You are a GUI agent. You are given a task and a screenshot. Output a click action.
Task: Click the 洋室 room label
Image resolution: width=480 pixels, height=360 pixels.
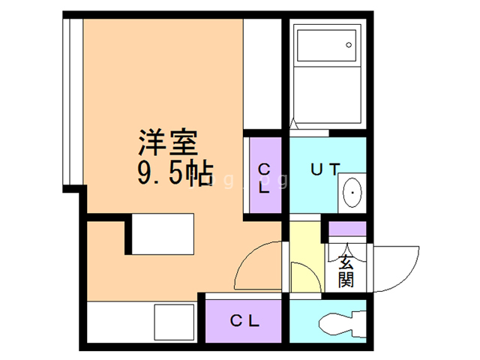click(x=168, y=142)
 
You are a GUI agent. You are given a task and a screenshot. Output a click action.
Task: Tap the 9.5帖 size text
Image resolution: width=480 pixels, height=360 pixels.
click(x=175, y=173)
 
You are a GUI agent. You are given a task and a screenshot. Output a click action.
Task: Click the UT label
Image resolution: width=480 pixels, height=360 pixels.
click(x=325, y=169)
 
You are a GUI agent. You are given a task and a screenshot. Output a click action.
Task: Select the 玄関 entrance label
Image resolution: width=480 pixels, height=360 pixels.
click(x=346, y=271)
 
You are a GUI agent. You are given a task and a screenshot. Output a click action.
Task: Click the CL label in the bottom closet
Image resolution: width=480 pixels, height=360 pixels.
click(x=244, y=321)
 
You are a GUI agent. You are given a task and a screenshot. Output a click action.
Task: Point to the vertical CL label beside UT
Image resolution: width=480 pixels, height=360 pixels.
click(x=264, y=178)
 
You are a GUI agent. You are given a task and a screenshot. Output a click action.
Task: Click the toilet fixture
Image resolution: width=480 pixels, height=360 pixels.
click(x=343, y=324)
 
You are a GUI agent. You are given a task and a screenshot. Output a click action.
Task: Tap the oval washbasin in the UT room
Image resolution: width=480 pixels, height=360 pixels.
click(x=352, y=193)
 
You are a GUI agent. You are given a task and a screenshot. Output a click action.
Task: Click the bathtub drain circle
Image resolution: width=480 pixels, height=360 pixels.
click(x=349, y=45)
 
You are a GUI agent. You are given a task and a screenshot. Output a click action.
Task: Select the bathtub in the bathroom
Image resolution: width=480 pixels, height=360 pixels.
click(x=327, y=45)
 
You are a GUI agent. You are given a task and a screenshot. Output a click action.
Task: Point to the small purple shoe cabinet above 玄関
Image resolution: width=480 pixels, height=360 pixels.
click(x=347, y=229)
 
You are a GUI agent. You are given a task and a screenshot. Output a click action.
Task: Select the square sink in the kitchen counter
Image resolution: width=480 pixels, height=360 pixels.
click(x=174, y=322)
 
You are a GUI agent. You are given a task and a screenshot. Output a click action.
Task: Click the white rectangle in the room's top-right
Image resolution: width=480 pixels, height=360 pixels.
click(x=262, y=74)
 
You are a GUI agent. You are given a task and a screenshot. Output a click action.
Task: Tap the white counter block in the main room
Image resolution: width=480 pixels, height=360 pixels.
click(x=163, y=234)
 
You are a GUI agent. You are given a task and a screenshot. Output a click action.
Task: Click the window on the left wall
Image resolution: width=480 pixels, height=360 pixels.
click(x=73, y=102)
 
